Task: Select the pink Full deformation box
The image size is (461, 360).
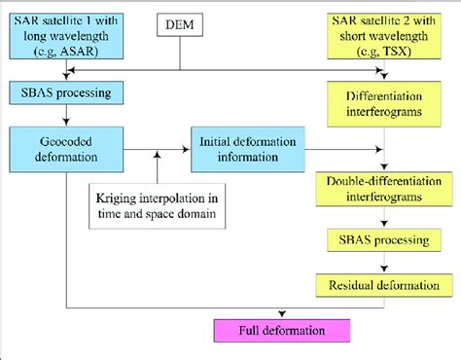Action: [x=278, y=330]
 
